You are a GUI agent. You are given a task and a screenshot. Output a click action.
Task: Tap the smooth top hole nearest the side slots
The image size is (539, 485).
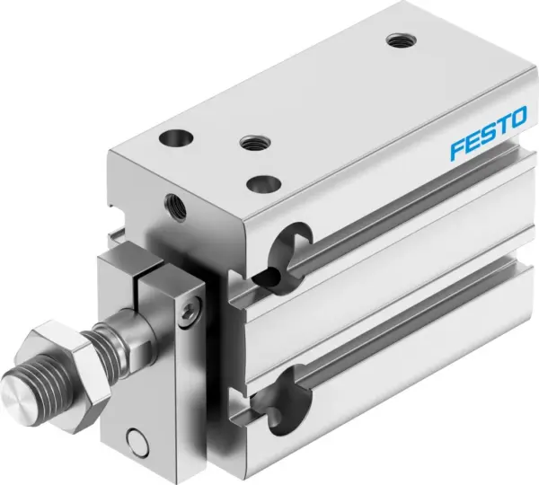[x=261, y=182]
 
